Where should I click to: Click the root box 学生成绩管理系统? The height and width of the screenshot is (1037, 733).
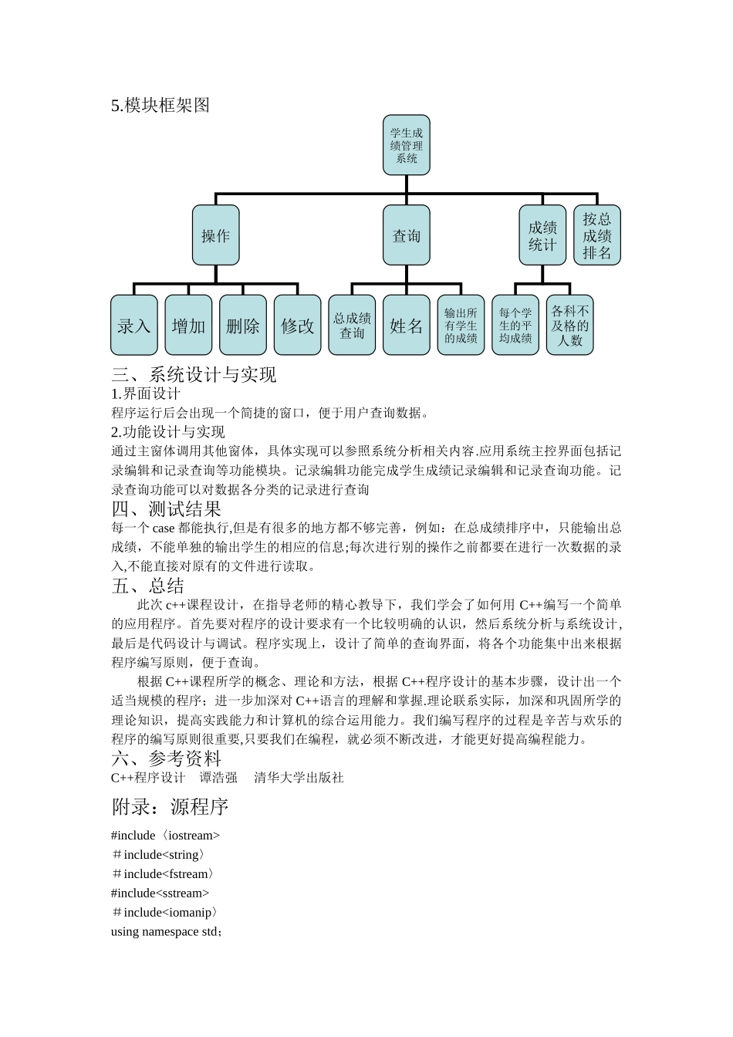[407, 145]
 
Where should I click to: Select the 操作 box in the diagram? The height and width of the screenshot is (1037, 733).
[215, 235]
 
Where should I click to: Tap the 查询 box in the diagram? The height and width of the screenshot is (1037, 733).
[407, 235]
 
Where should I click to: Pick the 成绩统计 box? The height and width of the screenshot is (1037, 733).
[542, 235]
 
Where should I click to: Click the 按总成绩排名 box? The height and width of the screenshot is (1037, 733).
[597, 235]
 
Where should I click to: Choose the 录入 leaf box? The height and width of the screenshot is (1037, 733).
[134, 326]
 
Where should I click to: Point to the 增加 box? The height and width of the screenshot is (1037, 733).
[188, 326]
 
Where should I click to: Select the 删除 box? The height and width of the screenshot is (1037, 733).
[243, 326]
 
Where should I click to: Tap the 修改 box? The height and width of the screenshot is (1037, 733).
[298, 326]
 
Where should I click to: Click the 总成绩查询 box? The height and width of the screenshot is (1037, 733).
[352, 326]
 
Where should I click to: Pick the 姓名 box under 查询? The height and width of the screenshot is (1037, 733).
[407, 326]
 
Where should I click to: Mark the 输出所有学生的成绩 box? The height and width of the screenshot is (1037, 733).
[461, 326]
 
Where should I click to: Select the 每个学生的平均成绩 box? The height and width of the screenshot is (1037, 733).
[515, 326]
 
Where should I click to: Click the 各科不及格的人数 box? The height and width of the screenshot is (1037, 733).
[570, 326]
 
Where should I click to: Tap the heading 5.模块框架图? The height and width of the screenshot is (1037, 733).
[160, 106]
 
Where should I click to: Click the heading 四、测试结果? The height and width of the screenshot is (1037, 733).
[166, 509]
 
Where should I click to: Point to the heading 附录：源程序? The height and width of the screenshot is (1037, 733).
[170, 807]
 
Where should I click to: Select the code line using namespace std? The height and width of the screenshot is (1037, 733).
[167, 931]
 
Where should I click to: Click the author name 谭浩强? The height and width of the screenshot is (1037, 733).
[218, 778]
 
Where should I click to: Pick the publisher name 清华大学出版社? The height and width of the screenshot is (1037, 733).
[299, 778]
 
